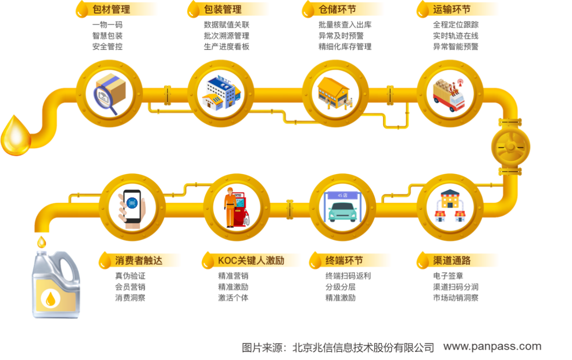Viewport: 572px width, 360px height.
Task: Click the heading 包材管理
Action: (112, 9)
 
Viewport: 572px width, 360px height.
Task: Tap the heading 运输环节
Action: (452, 9)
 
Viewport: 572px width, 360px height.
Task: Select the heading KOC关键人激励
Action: (251, 261)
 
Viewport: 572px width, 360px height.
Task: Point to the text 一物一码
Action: (107, 25)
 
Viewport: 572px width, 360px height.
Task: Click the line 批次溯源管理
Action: (227, 36)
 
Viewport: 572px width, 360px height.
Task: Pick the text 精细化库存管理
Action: (345, 47)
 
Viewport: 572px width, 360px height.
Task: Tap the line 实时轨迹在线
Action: (456, 36)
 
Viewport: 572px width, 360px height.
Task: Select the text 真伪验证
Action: (130, 276)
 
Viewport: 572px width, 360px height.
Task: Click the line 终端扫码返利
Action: (348, 276)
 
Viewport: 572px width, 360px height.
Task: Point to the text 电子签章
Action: (448, 276)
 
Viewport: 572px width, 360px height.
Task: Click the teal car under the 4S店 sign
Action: (342, 212)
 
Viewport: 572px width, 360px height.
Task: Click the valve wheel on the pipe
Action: (510, 147)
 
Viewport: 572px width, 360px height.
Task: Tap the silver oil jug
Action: (56, 284)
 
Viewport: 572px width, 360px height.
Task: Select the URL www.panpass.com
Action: (492, 346)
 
